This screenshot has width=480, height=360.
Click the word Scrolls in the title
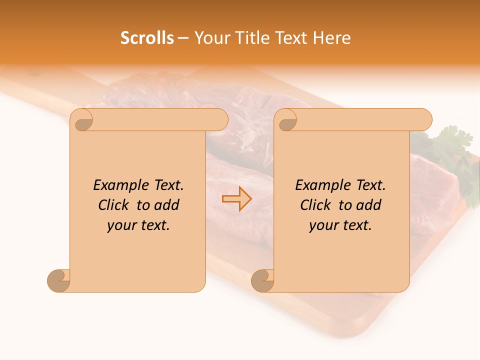click(147, 38)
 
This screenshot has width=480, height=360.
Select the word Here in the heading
click(332, 38)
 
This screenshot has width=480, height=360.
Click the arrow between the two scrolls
click(236, 199)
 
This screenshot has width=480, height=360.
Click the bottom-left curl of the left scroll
click(59, 280)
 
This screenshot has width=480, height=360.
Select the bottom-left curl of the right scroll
click(263, 280)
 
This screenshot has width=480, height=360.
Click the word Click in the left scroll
click(113, 205)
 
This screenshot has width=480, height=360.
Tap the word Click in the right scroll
click(315, 205)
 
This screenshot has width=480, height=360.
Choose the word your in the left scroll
click(121, 225)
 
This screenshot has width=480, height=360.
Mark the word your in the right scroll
click(323, 225)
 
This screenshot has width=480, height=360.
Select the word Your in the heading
click(210, 38)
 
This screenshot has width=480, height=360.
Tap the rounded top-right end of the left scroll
click(220, 120)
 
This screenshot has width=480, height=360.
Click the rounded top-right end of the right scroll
click(424, 120)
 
